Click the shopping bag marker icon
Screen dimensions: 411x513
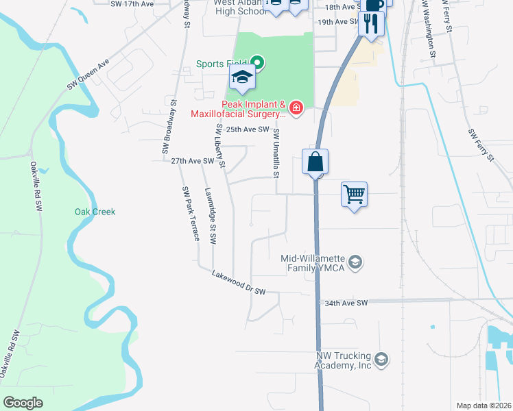tap(315, 162)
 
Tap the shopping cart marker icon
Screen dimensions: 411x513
tap(354, 195)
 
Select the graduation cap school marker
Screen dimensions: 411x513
tap(242, 78)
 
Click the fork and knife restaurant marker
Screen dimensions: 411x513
tap(371, 24)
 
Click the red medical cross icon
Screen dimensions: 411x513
tap(296, 108)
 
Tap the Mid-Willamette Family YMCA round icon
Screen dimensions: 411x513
tap(355, 262)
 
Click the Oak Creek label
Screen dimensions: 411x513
tap(95, 212)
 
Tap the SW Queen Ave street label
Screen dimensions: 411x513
tap(88, 75)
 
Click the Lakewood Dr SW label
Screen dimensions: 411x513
tap(239, 284)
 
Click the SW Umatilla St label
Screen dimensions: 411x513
tap(276, 152)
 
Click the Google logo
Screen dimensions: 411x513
tap(23, 403)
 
